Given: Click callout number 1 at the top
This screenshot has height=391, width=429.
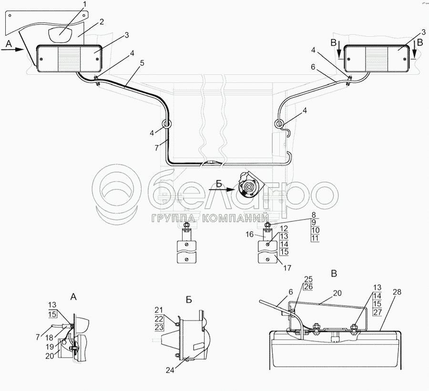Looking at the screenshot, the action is click(x=84, y=5).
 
